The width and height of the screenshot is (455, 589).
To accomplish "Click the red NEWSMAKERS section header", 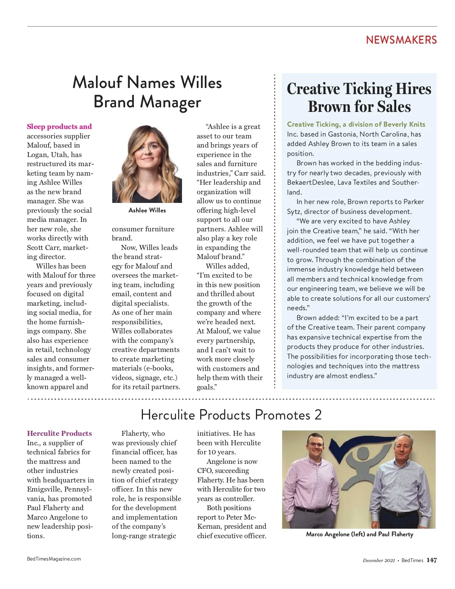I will coord(401,40).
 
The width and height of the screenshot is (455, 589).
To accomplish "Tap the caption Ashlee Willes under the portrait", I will coord(147,210).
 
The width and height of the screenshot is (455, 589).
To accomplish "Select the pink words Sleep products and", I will coord(59,127).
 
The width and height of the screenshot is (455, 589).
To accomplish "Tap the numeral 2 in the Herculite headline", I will coord(318,415).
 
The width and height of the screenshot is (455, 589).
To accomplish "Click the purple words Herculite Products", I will coord(59,434).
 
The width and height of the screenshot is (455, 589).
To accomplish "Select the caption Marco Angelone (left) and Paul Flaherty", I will coord(359,534).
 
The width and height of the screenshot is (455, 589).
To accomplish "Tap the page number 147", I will coord(431,560).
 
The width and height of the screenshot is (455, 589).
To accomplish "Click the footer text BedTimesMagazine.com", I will coord(54,559).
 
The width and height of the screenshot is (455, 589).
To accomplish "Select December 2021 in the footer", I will coord(378,561).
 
